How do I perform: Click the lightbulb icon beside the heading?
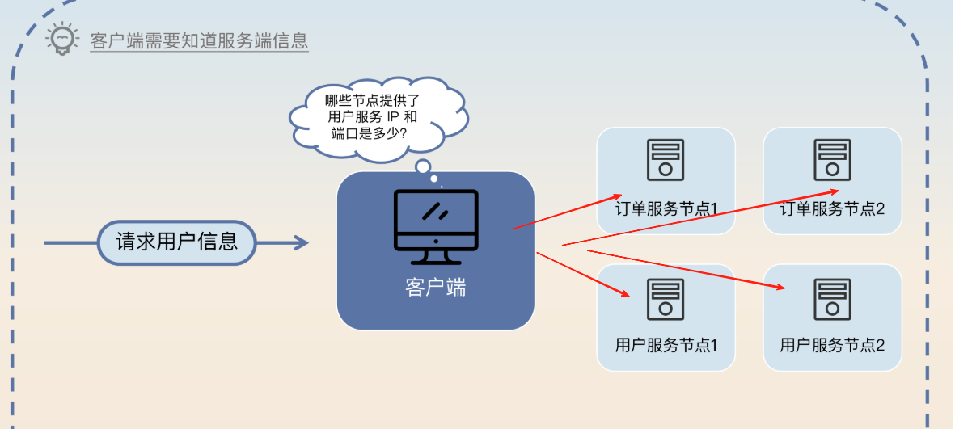[62, 39]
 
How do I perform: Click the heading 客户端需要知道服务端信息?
[199, 41]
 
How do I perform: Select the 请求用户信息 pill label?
[177, 242]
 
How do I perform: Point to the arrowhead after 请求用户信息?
[301, 242]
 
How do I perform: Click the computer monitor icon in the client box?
[436, 227]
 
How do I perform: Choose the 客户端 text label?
[436, 288]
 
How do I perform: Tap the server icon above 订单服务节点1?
[666, 159]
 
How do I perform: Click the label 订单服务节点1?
[666, 208]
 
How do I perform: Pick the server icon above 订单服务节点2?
[832, 159]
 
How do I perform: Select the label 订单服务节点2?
[832, 208]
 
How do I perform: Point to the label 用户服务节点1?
[666, 345]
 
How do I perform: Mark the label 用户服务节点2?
[832, 345]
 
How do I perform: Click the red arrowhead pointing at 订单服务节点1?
[612, 196]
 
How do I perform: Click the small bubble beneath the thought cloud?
[422, 166]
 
